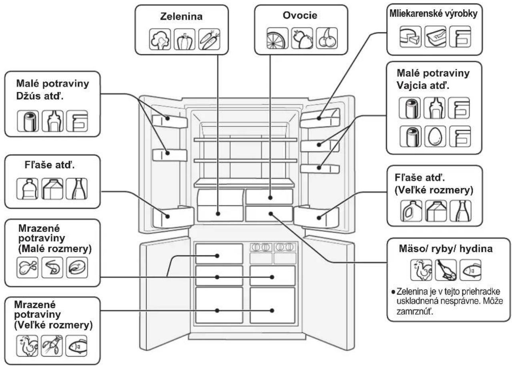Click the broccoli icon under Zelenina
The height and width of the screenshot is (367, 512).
click(x=160, y=39)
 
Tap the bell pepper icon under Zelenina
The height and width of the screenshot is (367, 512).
click(x=185, y=39)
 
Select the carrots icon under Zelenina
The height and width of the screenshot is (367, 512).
click(x=209, y=39)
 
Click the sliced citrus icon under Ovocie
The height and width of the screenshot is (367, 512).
click(x=277, y=38)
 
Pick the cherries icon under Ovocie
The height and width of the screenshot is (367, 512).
click(x=327, y=38)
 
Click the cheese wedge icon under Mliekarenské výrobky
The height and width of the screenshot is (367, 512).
click(x=410, y=36)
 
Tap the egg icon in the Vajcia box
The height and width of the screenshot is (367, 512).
click(x=435, y=136)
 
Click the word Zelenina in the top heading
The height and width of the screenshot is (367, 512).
click(x=181, y=16)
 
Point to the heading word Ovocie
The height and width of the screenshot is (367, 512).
click(x=300, y=15)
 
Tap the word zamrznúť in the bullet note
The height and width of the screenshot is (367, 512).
click(x=415, y=311)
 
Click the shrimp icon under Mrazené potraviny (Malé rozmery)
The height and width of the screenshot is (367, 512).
click(x=52, y=267)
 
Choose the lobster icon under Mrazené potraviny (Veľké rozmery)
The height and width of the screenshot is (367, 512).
click(x=52, y=346)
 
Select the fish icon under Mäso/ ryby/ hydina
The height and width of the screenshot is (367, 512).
click(x=470, y=270)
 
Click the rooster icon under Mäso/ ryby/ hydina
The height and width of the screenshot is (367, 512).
click(x=421, y=270)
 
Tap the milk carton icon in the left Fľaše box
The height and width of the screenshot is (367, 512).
click(x=52, y=189)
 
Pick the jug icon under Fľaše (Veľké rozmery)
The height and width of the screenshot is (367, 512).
click(x=411, y=211)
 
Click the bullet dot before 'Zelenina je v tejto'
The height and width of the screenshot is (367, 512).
click(x=393, y=292)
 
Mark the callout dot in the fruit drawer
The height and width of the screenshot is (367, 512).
click(x=270, y=197)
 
